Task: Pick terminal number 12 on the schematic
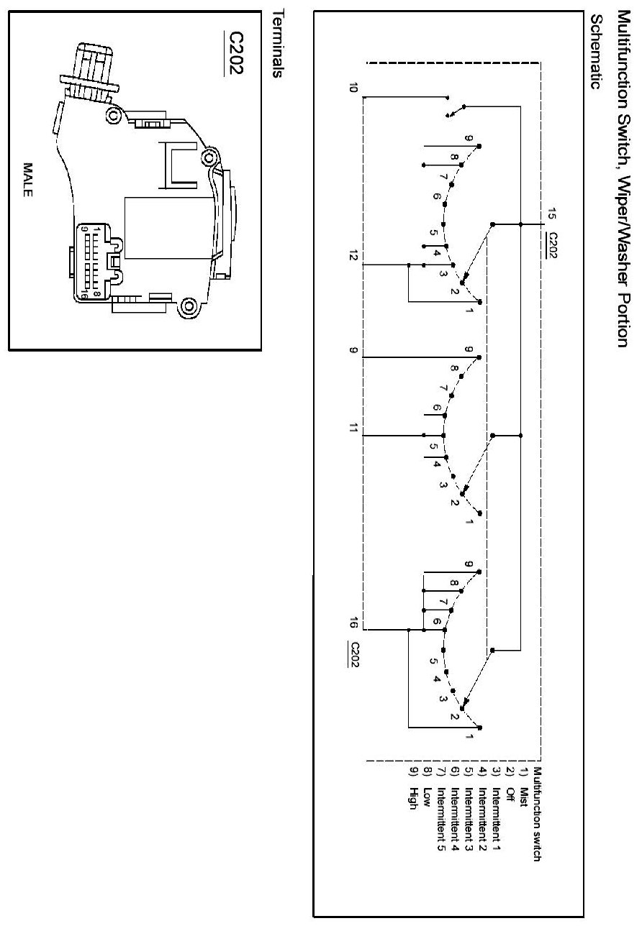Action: tap(353, 260)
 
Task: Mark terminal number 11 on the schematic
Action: tap(353, 429)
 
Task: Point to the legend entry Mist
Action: tap(525, 779)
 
